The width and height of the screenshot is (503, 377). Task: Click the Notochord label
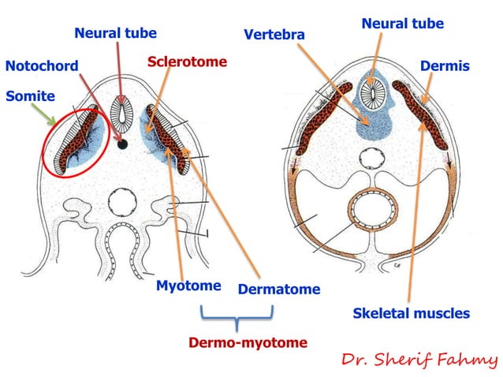(x=42, y=66)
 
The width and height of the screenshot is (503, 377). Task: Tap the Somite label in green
(x=30, y=96)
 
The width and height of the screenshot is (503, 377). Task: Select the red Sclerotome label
(x=187, y=62)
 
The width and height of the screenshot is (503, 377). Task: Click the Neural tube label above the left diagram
(x=115, y=33)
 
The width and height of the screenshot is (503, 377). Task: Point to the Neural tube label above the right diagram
(x=402, y=24)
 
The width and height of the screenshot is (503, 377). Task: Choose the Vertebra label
(x=274, y=35)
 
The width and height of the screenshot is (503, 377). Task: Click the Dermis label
(x=445, y=66)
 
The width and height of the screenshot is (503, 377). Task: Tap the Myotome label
(x=188, y=286)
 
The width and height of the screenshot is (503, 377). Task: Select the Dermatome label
(x=278, y=289)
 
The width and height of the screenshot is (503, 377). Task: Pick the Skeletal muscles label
(x=411, y=314)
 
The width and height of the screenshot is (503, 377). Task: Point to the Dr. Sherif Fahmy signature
(x=419, y=360)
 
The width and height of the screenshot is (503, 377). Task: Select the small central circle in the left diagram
(x=124, y=204)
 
